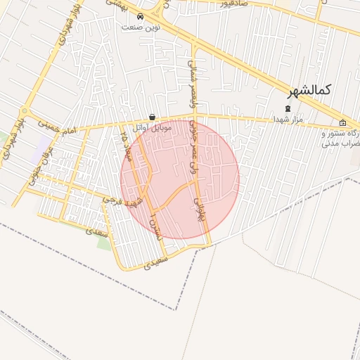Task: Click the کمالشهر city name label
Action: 310,90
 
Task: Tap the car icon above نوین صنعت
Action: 140,16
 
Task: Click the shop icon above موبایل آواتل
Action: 153,117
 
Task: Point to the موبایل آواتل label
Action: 148,128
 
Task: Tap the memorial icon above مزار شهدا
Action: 287,108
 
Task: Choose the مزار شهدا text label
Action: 288,119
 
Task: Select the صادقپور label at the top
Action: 231,4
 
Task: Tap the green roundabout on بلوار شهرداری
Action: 25,111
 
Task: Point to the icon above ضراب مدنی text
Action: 342,122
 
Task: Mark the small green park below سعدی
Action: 104,243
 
